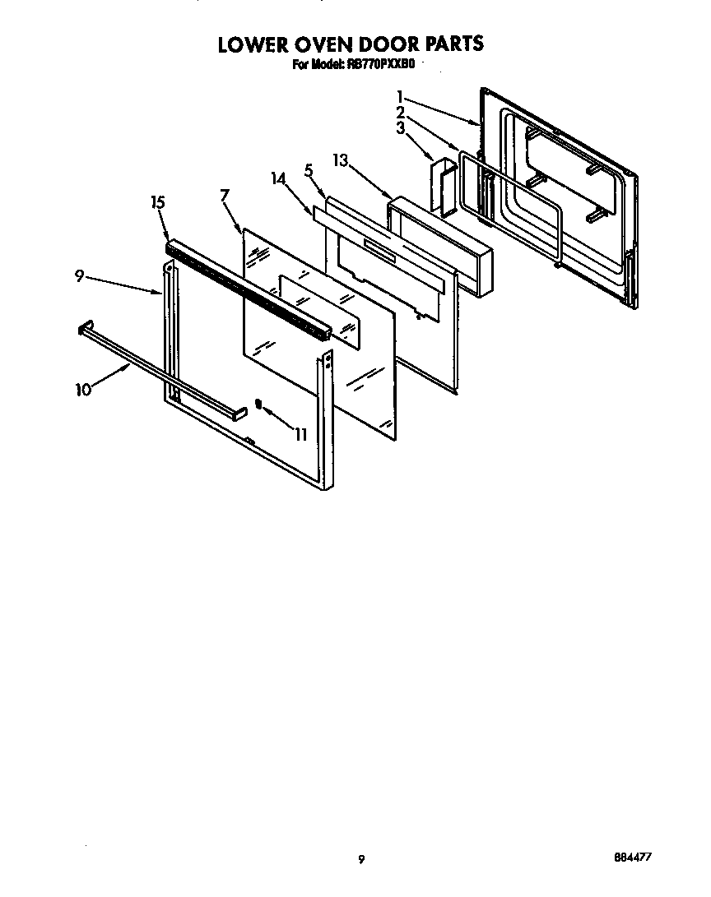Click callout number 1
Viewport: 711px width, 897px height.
pos(399,97)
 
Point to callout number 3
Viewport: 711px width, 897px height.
pos(400,127)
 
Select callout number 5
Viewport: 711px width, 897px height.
pos(309,171)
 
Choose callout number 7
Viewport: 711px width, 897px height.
pos(225,195)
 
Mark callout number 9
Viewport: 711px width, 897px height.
pos(80,276)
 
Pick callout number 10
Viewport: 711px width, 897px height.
pos(83,390)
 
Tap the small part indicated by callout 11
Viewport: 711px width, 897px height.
pos(258,404)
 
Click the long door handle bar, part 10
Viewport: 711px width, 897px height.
pos(156,369)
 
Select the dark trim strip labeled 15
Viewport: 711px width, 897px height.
pos(247,289)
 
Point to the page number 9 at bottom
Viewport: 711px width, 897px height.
pos(360,859)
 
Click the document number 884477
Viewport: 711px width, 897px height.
pos(633,857)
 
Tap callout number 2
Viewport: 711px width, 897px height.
pos(400,112)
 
